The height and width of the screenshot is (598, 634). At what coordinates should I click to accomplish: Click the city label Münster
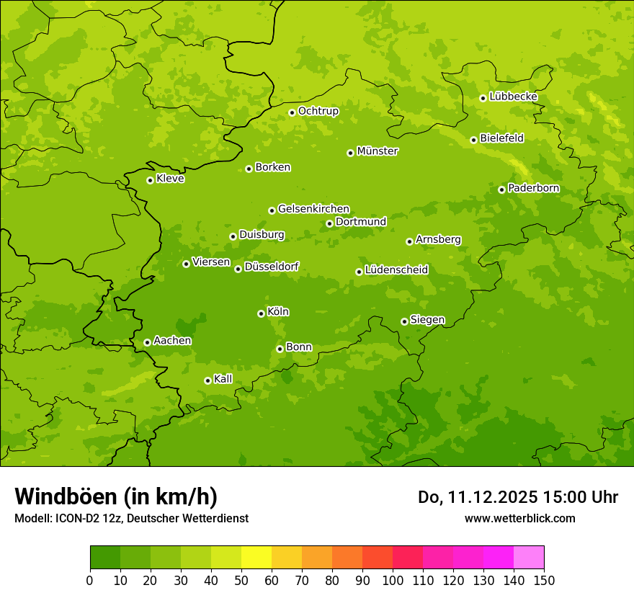(378, 151)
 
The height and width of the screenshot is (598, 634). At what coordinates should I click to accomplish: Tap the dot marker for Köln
(261, 313)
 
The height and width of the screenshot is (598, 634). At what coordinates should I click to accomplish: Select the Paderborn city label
(533, 188)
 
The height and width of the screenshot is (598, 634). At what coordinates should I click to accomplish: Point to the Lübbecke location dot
(483, 98)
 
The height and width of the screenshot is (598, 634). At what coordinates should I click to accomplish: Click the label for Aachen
(172, 341)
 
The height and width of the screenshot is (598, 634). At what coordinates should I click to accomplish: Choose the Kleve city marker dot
(150, 180)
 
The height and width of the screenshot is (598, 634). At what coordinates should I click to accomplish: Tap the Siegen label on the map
(427, 320)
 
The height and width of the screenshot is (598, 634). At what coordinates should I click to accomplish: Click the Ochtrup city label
(318, 111)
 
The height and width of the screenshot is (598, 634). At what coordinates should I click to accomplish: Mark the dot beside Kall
(207, 380)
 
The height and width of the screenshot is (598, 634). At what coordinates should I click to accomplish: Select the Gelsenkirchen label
(313, 209)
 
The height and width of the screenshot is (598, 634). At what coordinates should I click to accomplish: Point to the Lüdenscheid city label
(396, 270)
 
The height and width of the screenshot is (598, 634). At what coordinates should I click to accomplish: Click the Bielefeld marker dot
(473, 140)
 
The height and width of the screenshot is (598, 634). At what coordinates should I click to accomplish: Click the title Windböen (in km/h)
(116, 496)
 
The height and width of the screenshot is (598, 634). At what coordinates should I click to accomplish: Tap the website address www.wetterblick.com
(519, 518)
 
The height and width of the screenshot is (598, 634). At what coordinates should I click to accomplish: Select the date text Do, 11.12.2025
(477, 497)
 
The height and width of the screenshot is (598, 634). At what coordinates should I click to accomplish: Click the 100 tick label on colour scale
(393, 580)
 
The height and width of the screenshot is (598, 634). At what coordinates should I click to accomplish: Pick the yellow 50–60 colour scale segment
(256, 558)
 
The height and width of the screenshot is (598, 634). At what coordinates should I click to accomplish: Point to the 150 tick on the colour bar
(544, 580)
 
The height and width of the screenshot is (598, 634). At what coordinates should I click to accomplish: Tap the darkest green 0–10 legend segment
(105, 558)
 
